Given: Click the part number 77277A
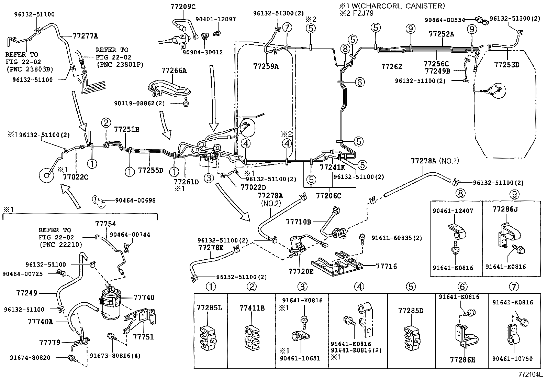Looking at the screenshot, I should click(x=86, y=35).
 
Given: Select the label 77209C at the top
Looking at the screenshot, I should click(x=183, y=6).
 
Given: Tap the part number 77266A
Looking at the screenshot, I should click(x=174, y=71).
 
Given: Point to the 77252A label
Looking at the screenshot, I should click(x=442, y=34).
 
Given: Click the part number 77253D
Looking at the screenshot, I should click(x=507, y=64).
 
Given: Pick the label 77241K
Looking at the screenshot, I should click(x=332, y=168).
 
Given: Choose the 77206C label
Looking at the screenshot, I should click(x=328, y=196).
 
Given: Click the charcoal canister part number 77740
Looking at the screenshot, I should click(x=144, y=298).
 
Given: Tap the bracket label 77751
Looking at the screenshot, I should click(x=144, y=337).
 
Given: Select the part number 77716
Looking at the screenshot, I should click(x=387, y=266).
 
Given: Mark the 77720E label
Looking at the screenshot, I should click(x=301, y=271).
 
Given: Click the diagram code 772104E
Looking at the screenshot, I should click(x=531, y=374).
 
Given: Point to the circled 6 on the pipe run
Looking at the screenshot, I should click(x=359, y=82).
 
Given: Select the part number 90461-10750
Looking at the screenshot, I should click(x=512, y=359).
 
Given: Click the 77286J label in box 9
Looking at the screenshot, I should click(x=505, y=209).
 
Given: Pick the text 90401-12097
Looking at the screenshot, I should click(x=216, y=19).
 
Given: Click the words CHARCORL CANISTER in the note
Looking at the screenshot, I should click(x=405, y=6).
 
